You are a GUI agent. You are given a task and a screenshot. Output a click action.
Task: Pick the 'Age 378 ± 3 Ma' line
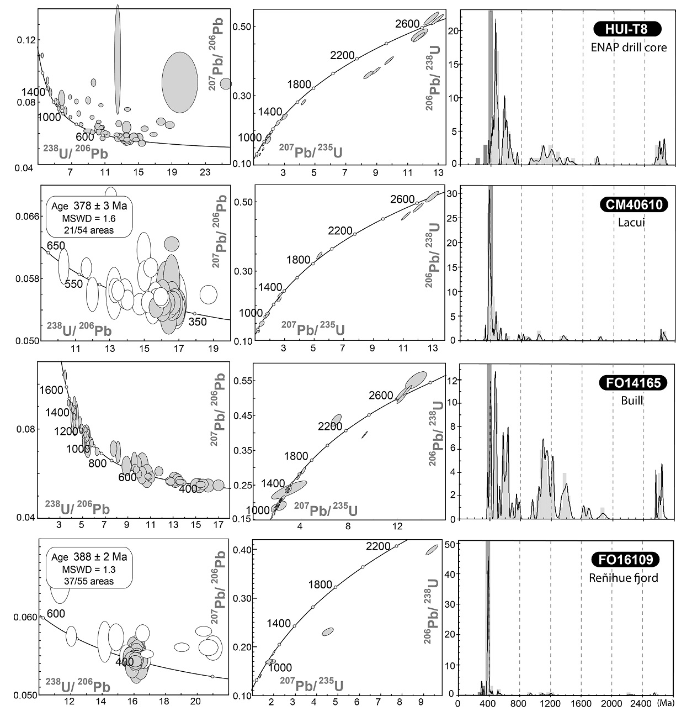[x=89, y=207]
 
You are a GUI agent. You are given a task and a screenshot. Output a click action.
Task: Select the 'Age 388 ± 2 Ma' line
[x=89, y=557]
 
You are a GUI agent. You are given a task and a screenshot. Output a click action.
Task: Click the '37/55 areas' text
[x=89, y=581]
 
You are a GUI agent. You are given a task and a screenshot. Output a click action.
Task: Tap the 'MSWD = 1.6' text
[x=89, y=218]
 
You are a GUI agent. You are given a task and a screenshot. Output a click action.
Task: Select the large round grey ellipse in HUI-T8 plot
[x=179, y=82]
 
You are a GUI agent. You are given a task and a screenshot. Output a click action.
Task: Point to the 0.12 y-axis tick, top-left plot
[x=26, y=40]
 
